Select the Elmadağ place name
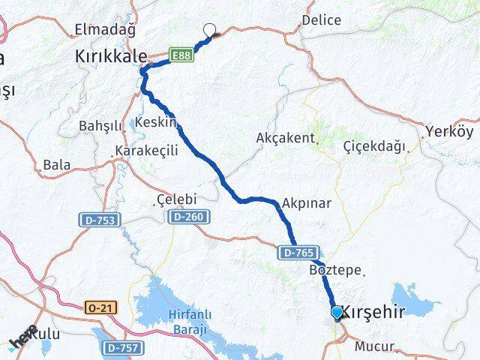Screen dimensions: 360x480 [x=105, y=31]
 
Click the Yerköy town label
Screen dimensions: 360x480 [x=449, y=131]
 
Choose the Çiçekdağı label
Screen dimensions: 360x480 [x=374, y=145]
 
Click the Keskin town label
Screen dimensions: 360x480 [x=157, y=122]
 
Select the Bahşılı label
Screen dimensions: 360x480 [x=100, y=126]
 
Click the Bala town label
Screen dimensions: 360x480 [x=57, y=164]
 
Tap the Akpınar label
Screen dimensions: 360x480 [x=307, y=203]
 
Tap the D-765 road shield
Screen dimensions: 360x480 [x=299, y=253]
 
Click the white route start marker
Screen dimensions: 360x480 [x=210, y=30]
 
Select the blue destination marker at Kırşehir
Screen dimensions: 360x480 [x=337, y=312]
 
